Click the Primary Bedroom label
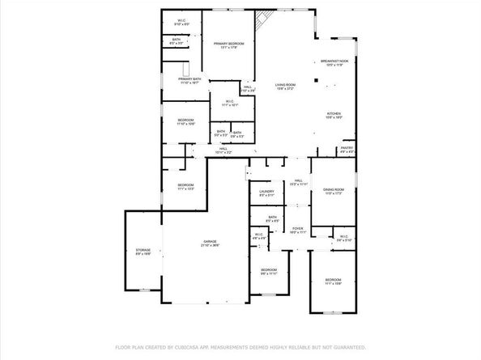[x=228, y=44]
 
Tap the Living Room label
[x=285, y=87]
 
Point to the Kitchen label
[x=334, y=115]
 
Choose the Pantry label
[x=347, y=149]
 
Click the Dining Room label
[x=334, y=191]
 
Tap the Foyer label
[x=298, y=230]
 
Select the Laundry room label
[x=266, y=193]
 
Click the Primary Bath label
[x=189, y=81]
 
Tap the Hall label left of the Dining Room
[x=298, y=182]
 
